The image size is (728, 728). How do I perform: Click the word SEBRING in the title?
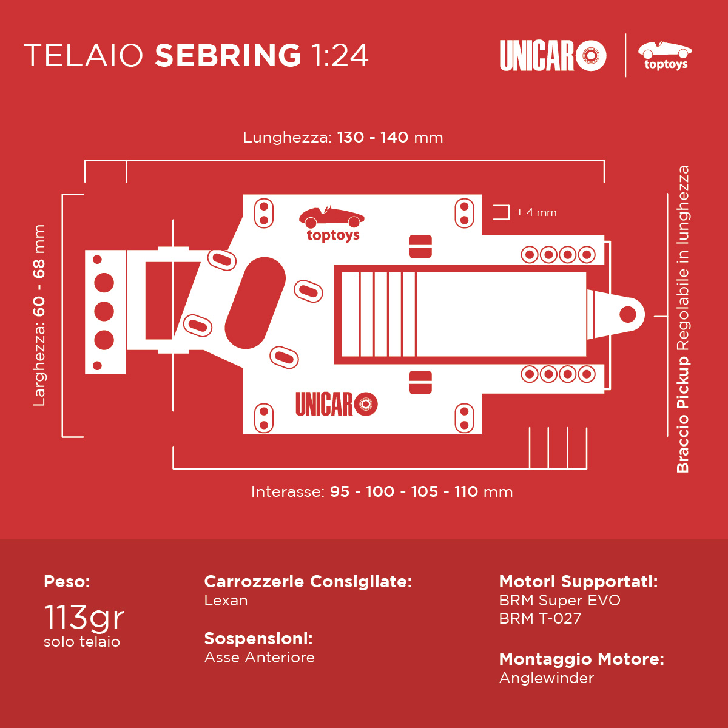coord(228,55)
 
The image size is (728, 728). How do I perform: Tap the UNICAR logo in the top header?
coord(553,56)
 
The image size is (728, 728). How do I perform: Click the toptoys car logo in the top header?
coord(664,56)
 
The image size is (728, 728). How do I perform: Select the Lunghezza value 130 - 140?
coord(372,138)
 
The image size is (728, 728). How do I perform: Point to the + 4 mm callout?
coord(536,212)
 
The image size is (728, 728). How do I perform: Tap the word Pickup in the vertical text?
coord(682,383)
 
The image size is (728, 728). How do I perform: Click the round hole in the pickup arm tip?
coord(627,314)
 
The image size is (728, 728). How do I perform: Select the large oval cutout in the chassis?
coord(255,303)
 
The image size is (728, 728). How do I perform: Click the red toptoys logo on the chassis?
coord(332,224)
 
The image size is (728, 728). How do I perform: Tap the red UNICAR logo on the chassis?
coord(337,404)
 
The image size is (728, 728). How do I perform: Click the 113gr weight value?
coord(84,618)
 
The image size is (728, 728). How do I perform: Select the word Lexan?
coord(226,601)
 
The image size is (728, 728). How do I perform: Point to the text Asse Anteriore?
coord(259,658)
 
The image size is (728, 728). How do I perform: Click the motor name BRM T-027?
coord(540,618)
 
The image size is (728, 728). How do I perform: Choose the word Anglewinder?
coord(546,678)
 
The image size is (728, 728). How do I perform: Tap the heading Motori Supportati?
coord(578,581)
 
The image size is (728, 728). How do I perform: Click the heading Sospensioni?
coord(258,638)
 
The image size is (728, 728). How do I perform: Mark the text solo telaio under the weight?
coord(82,642)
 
